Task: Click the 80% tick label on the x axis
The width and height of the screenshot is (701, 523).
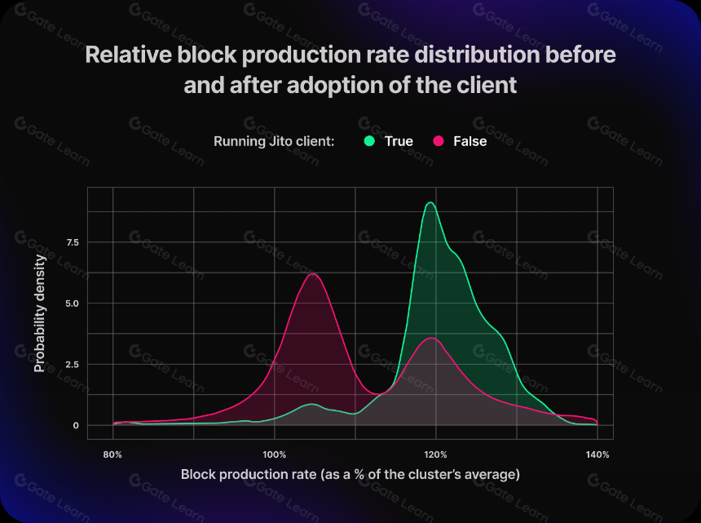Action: (x=112, y=454)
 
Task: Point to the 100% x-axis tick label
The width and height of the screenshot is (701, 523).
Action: (x=274, y=454)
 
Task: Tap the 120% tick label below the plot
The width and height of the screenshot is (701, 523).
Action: (x=435, y=454)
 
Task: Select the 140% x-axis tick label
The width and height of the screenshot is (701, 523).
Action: (x=597, y=454)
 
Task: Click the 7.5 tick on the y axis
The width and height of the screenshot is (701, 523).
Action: (x=73, y=242)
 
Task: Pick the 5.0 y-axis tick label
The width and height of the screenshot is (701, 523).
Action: (x=72, y=304)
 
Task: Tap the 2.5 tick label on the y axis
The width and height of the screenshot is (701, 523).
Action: (x=73, y=364)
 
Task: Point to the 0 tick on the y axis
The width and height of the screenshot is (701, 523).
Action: (x=76, y=425)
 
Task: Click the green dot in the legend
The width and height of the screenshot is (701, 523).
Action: (x=369, y=141)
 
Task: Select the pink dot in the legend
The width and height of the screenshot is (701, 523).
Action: (x=439, y=141)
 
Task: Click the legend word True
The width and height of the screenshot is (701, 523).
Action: (x=399, y=141)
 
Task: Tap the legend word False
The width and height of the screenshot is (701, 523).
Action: (x=470, y=141)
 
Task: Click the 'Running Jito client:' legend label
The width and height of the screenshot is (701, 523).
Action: (x=274, y=141)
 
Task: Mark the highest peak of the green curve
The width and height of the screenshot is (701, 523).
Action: (x=430, y=202)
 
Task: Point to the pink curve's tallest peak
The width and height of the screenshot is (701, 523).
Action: (x=312, y=274)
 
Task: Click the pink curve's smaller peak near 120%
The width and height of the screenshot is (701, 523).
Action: (x=431, y=339)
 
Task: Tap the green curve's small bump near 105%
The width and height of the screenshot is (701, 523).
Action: (x=311, y=404)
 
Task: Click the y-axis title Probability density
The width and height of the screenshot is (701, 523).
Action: (x=40, y=313)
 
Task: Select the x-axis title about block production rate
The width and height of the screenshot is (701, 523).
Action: (x=350, y=474)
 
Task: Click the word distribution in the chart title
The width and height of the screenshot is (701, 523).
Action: (x=477, y=55)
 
